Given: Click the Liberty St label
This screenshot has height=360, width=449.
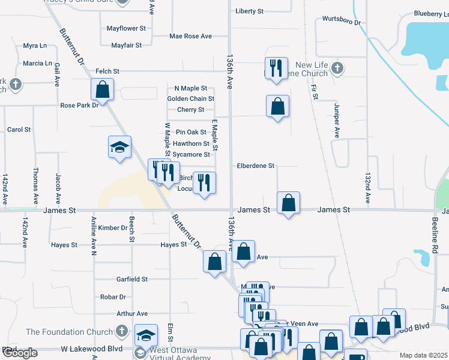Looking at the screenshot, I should (250, 11).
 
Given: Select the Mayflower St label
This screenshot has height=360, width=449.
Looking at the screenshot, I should (126, 28).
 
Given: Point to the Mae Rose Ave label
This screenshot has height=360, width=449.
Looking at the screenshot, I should (190, 36).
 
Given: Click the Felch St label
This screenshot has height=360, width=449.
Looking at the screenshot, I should (109, 71).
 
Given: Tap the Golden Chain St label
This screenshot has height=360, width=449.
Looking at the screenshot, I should (191, 98).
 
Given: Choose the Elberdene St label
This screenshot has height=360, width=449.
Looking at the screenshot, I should (255, 166).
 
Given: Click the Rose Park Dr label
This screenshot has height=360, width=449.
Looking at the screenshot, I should (79, 106).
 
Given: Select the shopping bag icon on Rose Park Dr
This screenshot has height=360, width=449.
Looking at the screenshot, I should (103, 90).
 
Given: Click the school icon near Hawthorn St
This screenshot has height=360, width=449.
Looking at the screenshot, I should (119, 147).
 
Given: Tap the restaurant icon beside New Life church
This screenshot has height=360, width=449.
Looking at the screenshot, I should (276, 67).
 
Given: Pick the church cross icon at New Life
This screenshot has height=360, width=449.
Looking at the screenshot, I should (337, 67).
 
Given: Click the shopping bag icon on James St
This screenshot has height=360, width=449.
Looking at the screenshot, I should (289, 203).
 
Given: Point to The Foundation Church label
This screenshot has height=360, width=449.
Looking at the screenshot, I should (69, 332).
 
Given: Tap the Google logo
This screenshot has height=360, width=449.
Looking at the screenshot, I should (19, 353).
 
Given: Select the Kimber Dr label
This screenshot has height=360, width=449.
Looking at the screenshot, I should (113, 228).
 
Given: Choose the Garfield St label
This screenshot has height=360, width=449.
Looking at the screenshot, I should (132, 279).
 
